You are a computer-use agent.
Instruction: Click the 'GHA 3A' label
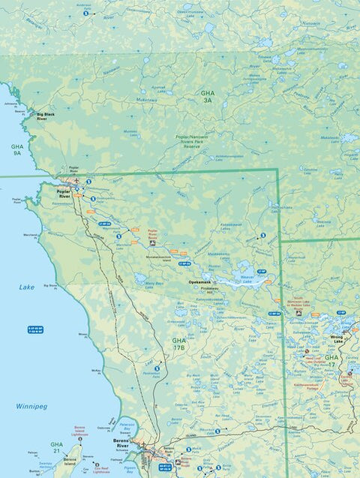point(208,96)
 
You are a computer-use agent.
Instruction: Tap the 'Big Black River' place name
point(46,117)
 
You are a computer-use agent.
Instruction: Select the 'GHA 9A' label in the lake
point(17,150)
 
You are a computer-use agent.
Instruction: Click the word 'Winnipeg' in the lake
point(31,406)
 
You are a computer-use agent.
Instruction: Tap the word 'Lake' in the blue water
point(27,287)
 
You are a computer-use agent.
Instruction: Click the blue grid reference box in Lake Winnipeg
point(35,329)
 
